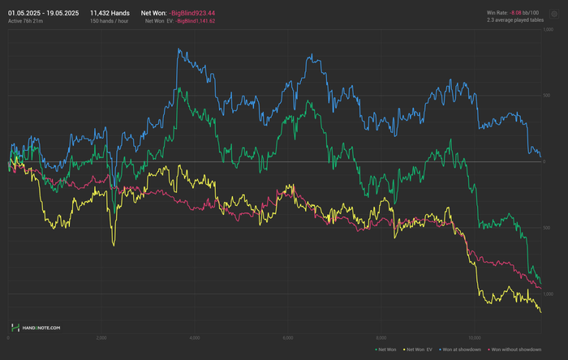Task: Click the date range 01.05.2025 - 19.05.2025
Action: pos(42,13)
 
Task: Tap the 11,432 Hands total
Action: pos(110,13)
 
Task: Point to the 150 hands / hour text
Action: pos(109,21)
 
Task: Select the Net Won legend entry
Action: pos(384,349)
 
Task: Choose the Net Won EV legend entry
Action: pos(421,349)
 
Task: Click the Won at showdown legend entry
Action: pos(463,349)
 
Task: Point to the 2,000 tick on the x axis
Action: pos(101,337)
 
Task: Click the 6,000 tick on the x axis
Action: pos(287,337)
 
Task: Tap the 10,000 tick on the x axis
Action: pos(475,337)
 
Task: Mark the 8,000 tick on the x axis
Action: pos(381,337)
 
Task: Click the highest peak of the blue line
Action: pos(178,49)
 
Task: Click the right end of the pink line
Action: pos(541,288)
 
